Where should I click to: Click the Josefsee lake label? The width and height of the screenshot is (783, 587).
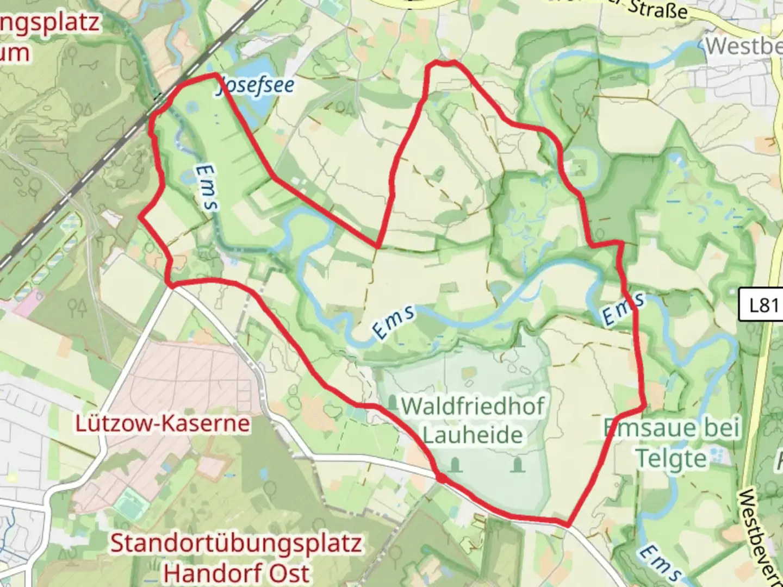(256, 86)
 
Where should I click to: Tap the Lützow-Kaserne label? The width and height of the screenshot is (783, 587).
(163, 423)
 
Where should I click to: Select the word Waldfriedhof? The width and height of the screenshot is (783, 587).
(473, 407)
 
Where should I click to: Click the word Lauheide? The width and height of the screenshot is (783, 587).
(473, 435)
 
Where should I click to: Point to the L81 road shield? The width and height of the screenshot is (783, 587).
(763, 305)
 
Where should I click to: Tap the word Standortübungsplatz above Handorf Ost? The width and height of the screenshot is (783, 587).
(236, 543)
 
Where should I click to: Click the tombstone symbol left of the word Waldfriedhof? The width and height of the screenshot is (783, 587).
(393, 403)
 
